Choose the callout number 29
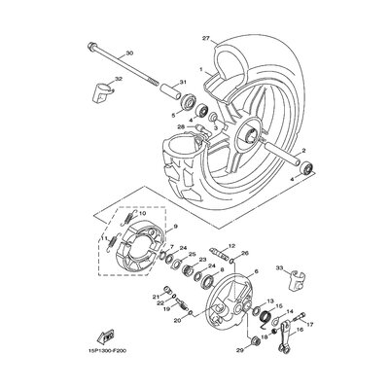point(238,347)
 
